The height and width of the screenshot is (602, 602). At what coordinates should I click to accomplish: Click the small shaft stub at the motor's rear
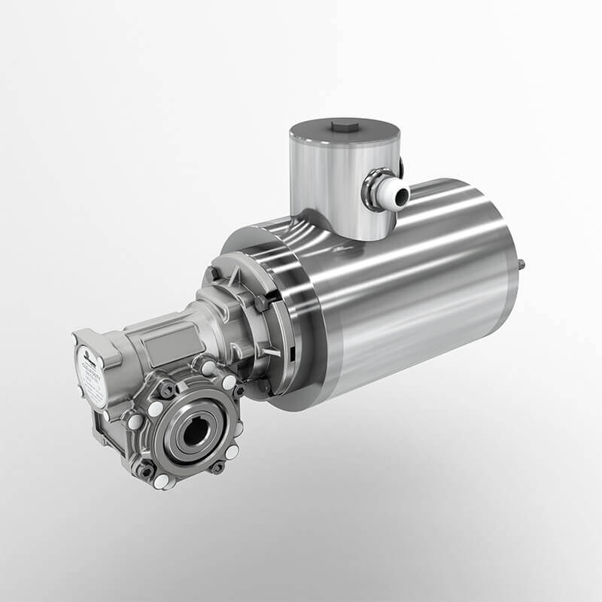[x=521, y=266]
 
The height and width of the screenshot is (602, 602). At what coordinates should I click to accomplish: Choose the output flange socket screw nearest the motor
[x=238, y=391]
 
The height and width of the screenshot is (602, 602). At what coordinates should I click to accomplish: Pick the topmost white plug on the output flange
[x=205, y=368]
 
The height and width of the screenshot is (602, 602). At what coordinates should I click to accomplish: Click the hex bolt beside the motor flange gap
[x=260, y=303]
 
